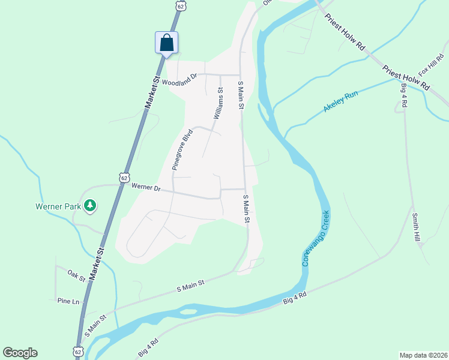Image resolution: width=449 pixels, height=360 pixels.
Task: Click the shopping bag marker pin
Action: coord(166,43)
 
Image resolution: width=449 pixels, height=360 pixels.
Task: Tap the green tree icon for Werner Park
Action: coord(90,206)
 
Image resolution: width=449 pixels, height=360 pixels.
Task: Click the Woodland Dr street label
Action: coord(179,80)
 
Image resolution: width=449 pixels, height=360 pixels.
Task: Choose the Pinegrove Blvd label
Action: coord(182,149)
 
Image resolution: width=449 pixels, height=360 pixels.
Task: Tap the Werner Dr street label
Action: coord(145,188)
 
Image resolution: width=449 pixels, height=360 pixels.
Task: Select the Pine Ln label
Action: coord(68,301)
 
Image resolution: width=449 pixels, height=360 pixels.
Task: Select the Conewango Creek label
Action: coord(316,238)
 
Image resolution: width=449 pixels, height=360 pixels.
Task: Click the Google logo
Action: coord(20,353)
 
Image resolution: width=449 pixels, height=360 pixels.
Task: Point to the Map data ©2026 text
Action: coord(423,355)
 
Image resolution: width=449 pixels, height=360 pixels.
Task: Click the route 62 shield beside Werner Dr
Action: coord(124,178)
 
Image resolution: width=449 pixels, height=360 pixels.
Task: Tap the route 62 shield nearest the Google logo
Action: coord(78,350)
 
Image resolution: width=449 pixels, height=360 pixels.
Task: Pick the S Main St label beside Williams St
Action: coord(241,95)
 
